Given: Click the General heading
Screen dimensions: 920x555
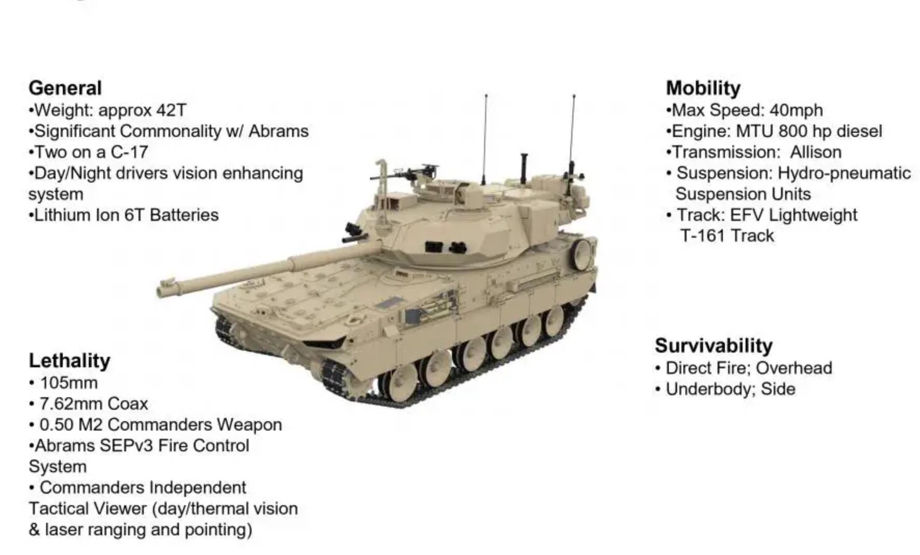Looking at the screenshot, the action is coord(65,88).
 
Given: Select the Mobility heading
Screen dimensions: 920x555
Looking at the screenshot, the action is coord(703,88).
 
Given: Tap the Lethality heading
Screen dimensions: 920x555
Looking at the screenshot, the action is coord(70,361).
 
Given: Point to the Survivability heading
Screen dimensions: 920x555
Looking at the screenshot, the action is coord(713,346).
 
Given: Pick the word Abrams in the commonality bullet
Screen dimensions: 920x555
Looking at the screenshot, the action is coord(279,131).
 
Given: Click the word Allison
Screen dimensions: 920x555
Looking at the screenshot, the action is coord(816,152).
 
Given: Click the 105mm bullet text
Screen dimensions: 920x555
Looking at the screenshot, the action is coord(69,383).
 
